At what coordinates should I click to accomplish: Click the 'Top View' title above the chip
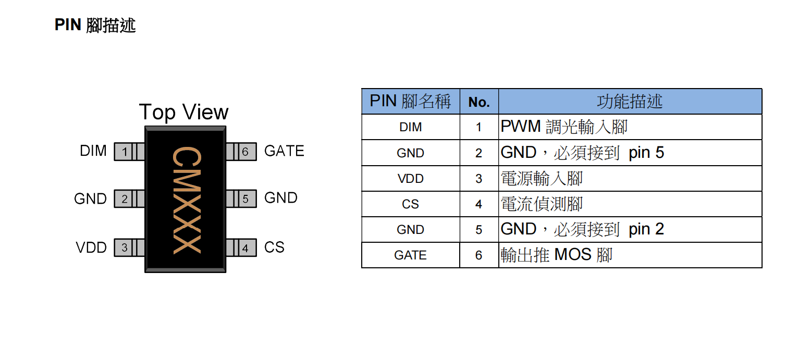[183, 113]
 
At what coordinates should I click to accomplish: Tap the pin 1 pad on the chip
[125, 152]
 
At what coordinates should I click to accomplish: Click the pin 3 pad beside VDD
[125, 247]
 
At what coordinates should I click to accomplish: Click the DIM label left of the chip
[93, 151]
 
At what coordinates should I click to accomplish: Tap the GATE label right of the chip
[284, 151]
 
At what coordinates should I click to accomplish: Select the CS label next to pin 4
[274, 247]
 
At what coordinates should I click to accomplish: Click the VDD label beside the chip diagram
[91, 247]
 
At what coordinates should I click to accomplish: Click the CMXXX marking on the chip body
[186, 201]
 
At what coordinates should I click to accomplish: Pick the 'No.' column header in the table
[479, 102]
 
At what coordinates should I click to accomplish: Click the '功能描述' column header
[630, 102]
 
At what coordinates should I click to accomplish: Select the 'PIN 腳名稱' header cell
[410, 101]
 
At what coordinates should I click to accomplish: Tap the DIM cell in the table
[410, 127]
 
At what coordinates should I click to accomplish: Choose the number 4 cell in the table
[478, 204]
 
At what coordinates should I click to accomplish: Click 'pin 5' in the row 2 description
[646, 153]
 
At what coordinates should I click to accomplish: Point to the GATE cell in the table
[410, 255]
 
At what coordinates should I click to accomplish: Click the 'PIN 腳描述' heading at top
[95, 24]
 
